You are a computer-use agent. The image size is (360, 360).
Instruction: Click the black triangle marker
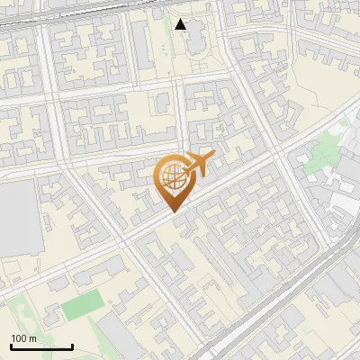click(181, 24)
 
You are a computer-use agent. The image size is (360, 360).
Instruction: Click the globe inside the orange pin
click(173, 175)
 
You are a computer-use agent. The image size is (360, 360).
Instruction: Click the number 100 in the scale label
click(19, 338)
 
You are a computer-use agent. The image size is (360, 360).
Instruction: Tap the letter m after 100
click(31, 338)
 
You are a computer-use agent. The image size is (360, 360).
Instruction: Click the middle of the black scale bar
click(41, 346)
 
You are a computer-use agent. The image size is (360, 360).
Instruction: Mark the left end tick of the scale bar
click(12, 346)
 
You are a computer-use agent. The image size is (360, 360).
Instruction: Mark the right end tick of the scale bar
click(72, 346)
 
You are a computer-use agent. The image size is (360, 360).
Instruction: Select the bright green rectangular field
click(84, 306)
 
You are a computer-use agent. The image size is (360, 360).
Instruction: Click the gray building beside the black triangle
click(199, 36)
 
